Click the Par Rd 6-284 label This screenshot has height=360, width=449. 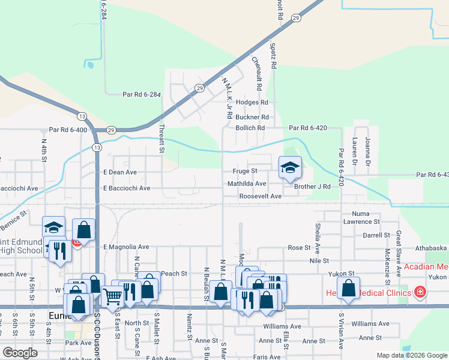click(x=142, y=94)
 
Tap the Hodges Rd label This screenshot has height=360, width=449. click(x=252, y=103)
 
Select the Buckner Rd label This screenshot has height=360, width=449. click(x=252, y=117)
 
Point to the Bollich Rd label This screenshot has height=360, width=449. click(x=250, y=128)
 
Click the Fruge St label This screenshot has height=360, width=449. click(x=246, y=171)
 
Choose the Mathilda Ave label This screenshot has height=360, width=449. click(x=246, y=184)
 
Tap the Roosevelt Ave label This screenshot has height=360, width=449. click(x=260, y=196)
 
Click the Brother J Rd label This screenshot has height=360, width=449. click(x=312, y=187)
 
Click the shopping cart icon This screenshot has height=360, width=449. click(x=113, y=295)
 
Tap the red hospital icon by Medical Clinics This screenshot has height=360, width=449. click(x=420, y=292)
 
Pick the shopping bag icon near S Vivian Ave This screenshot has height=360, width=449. click(x=349, y=289)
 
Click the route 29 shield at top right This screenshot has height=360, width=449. click(x=296, y=19)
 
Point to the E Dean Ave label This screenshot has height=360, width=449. click(x=120, y=172)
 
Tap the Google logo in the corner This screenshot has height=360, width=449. click(x=20, y=352)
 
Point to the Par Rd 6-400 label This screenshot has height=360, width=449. click(x=68, y=130)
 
